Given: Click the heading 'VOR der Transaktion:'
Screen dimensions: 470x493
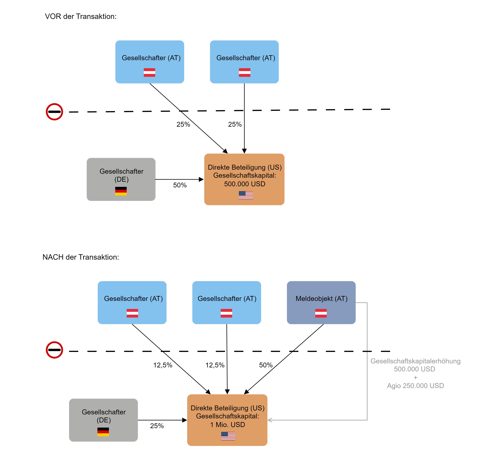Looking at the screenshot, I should [x=81, y=17].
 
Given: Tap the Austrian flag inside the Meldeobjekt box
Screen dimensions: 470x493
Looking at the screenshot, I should [x=321, y=313].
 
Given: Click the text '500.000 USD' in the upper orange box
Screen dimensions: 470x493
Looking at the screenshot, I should [x=245, y=184].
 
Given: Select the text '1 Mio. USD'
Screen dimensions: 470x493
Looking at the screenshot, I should [x=227, y=425].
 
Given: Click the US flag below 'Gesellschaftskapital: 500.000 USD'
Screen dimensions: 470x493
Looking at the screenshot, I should [x=246, y=195].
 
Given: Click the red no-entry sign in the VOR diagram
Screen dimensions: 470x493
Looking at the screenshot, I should [x=54, y=112].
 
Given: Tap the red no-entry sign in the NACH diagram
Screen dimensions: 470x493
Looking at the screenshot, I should [x=54, y=350].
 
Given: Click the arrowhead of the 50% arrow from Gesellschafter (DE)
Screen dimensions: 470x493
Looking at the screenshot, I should [x=201, y=179].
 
